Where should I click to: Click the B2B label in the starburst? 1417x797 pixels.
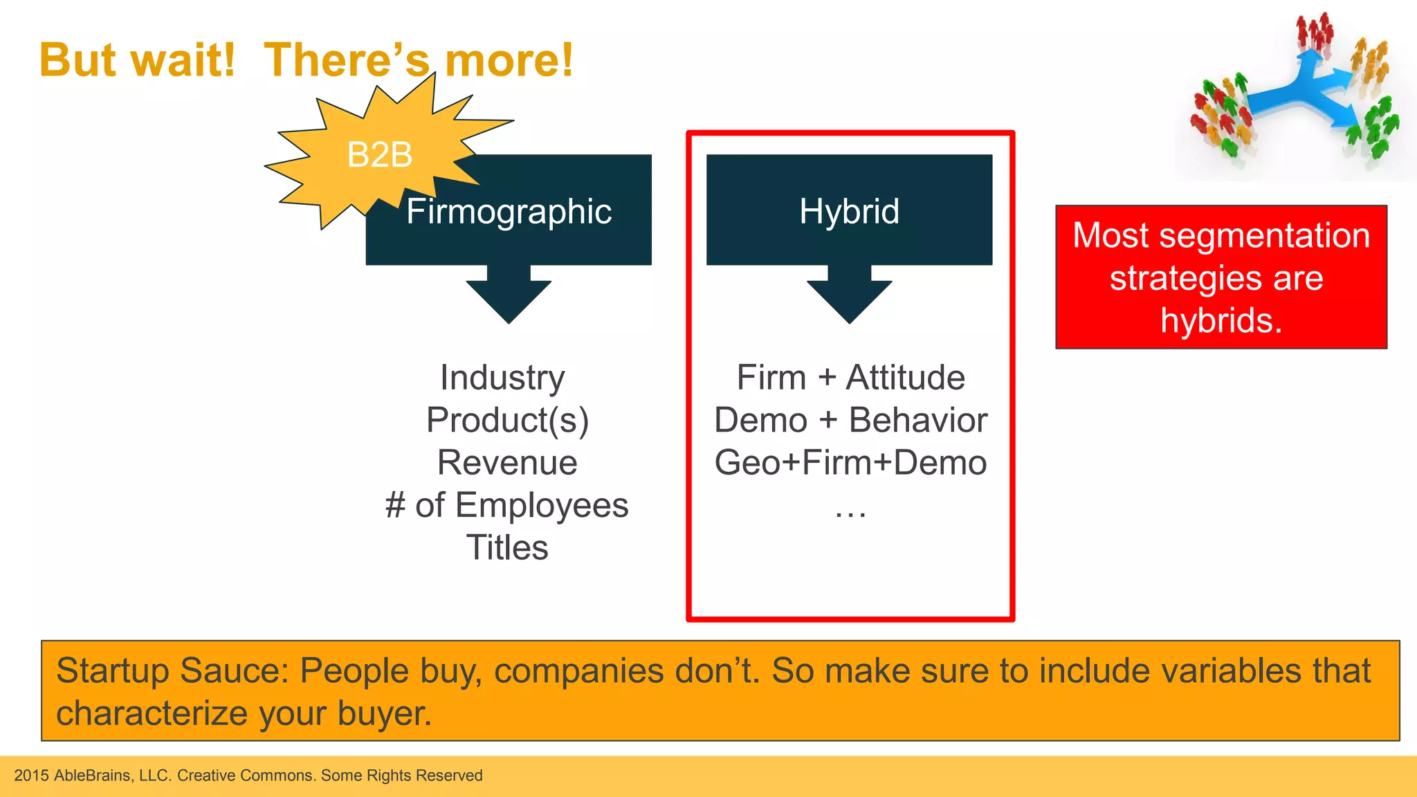379,155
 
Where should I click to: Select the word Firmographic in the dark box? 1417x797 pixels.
509,211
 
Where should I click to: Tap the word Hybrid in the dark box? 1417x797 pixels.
849,211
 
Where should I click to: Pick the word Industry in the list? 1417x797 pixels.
502,378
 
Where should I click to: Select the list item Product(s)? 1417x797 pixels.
507,421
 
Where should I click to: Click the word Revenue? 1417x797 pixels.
507,463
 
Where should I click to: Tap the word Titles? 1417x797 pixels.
507,548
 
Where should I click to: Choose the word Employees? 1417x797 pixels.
542,506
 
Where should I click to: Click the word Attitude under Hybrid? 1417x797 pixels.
905,378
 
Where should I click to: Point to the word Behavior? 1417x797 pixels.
918,421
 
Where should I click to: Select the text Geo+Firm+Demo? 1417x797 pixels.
850,463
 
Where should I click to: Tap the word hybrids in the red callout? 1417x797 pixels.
1221,321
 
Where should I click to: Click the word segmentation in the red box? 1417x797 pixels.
1264,236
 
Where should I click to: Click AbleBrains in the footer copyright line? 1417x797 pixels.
93,776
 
